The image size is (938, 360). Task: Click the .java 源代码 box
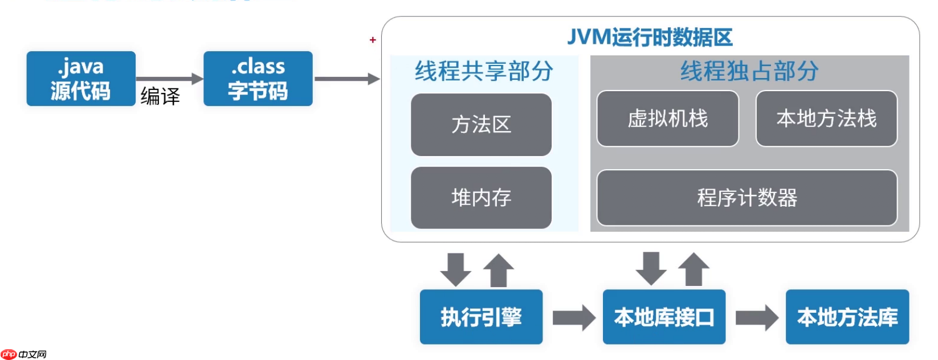pos(81,79)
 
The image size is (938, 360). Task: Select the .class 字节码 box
pos(258,79)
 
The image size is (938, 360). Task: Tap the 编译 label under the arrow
pos(160,96)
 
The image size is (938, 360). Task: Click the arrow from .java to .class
pos(169,79)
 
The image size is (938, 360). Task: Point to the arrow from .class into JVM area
pos(346,79)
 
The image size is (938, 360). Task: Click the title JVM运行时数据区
pos(650,38)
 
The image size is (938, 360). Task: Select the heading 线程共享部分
pos(484,71)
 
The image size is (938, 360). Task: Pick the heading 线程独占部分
pos(749,71)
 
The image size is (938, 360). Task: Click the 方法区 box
pos(481,125)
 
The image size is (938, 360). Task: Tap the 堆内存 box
pos(481,198)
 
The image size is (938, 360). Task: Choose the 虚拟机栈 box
pos(667,118)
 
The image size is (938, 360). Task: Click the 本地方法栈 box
pos(826,118)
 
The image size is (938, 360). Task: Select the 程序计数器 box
pos(747,198)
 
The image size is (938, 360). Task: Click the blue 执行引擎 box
pos(481,317)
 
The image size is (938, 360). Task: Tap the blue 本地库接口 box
pos(664,317)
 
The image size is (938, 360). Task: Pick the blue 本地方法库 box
pos(847,317)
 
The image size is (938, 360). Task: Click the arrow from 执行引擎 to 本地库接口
pos(573,317)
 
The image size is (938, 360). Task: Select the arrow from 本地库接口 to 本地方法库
pos(756,317)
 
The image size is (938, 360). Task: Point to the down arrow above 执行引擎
pos(456,269)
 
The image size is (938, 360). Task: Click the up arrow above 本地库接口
pos(694,269)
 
